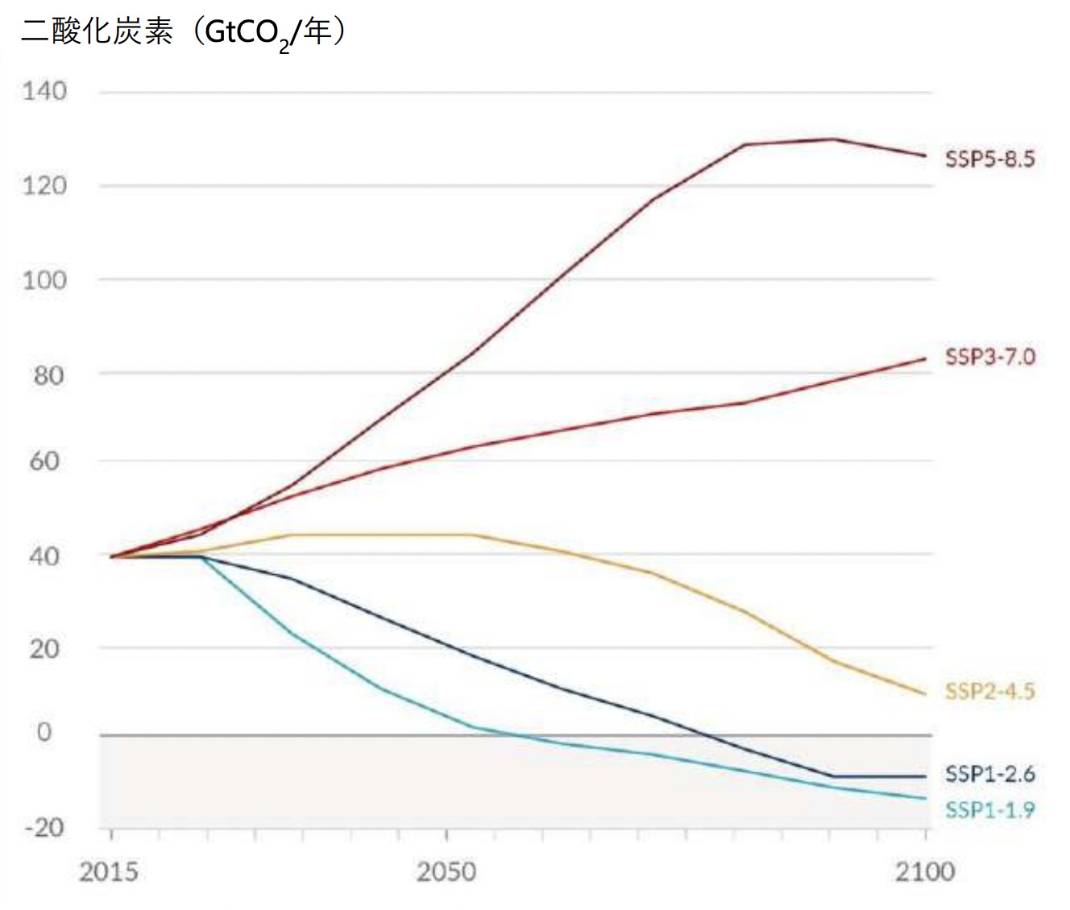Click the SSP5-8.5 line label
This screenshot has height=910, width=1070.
[x=989, y=159]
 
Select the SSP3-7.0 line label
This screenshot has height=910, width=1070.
[x=989, y=357]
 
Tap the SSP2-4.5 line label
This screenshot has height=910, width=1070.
[x=989, y=691]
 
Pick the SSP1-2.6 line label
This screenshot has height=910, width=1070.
[x=989, y=774]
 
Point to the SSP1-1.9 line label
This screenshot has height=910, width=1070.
[x=989, y=810]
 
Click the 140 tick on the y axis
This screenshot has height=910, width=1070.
[x=44, y=91]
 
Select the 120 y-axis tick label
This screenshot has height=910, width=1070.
[x=44, y=186]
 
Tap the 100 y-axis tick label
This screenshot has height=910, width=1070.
[x=44, y=280]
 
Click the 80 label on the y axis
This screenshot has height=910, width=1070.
[x=48, y=374]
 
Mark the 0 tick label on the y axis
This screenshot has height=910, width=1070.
[x=44, y=732]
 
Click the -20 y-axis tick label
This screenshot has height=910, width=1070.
[x=44, y=827]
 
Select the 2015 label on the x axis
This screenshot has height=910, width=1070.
[x=109, y=872]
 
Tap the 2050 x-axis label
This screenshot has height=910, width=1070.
[x=446, y=872]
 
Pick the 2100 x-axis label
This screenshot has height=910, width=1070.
[x=925, y=872]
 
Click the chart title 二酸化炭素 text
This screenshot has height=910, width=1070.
[x=97, y=32]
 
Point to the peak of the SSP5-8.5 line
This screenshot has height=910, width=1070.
[x=833, y=139]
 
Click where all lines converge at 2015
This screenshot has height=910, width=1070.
[x=112, y=556]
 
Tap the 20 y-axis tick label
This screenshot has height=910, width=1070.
[x=44, y=649]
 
